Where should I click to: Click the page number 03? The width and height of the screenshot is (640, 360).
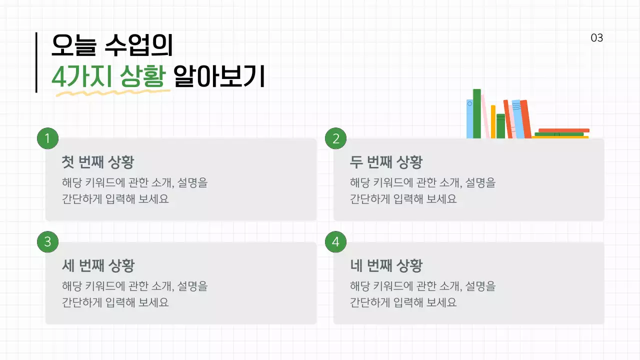pos(596,38)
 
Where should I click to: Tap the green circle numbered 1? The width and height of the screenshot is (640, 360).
pos(47,138)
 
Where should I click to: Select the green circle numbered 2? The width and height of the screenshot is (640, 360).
pos(335,138)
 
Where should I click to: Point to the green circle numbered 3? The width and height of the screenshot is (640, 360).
pos(47,242)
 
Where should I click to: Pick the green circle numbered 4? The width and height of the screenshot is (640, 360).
pos(335,242)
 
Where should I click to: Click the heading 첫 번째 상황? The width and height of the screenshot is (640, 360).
pos(98,162)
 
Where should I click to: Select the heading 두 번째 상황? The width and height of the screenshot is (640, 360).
pos(386,162)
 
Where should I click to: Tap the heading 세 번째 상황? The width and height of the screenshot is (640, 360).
pos(98,265)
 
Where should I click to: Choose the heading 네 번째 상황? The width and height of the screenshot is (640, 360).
pos(386,265)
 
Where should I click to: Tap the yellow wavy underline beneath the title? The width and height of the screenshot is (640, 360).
pos(110,92)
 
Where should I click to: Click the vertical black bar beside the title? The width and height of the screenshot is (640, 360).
pos(36,62)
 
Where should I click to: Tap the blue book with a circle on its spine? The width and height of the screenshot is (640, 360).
pos(469,119)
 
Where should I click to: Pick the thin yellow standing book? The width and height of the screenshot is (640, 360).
pos(493,121)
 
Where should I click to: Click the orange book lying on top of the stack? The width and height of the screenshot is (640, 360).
pos(563,130)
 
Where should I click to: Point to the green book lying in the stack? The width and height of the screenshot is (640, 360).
pos(558,134)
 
